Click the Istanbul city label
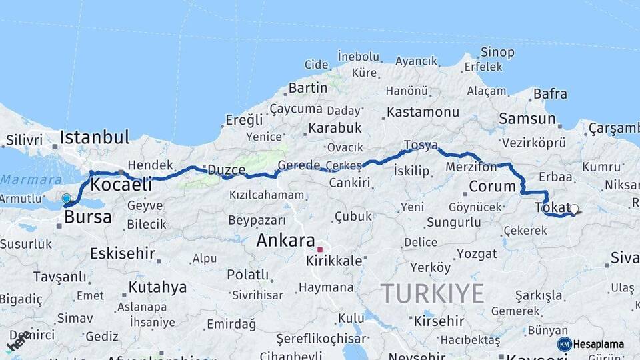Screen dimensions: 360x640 pyautogui.click(x=94, y=138)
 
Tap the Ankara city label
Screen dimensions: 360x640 pyautogui.click(x=285, y=240)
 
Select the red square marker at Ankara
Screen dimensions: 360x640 pyautogui.click(x=320, y=249)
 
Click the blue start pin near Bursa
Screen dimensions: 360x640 pyautogui.click(x=66, y=199)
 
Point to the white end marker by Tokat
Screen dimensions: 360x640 pyautogui.click(x=574, y=209)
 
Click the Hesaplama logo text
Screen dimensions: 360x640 pyautogui.click(x=598, y=345)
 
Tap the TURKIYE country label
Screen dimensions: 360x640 pyautogui.click(x=432, y=293)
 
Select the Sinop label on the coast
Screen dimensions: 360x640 pyautogui.click(x=497, y=52)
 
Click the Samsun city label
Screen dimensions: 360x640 pyautogui.click(x=527, y=119)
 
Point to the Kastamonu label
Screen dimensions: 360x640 pyautogui.click(x=423, y=112)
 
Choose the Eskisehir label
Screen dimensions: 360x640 pyautogui.click(x=122, y=253)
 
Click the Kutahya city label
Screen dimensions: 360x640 pyautogui.click(x=157, y=287)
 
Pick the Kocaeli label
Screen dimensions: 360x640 pyautogui.click(x=121, y=184)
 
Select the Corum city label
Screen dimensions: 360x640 pyautogui.click(x=492, y=186)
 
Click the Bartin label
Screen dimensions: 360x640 pyautogui.click(x=307, y=88)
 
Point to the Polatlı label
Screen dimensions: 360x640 pyautogui.click(x=247, y=275)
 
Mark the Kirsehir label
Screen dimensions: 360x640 pyautogui.click(x=438, y=321)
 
